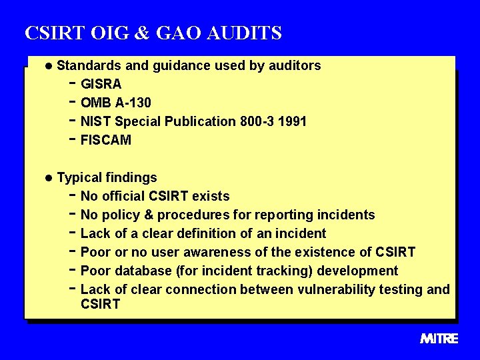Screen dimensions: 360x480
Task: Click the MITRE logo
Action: [439, 339]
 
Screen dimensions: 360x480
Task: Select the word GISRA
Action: [101, 84]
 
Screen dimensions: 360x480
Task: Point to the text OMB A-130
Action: [115, 103]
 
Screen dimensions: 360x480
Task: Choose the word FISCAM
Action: [106, 140]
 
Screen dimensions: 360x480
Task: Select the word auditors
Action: [293, 65]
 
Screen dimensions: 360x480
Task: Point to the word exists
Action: [211, 196]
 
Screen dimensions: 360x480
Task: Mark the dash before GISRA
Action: [72, 84]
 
